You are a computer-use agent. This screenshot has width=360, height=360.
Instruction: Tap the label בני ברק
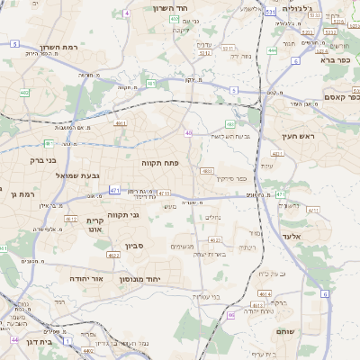pyautogui.click(x=42, y=161)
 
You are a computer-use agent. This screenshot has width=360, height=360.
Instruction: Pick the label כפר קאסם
pyautogui.click(x=340, y=97)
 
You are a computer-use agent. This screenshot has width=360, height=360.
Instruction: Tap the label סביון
pyautogui.click(x=134, y=245)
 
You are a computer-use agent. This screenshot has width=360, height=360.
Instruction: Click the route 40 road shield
pyautogui.click(x=188, y=133)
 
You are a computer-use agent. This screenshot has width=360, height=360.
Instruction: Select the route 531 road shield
pyautogui.click(x=271, y=13)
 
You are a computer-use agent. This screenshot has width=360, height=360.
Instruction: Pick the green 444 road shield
pyautogui.click(x=272, y=50)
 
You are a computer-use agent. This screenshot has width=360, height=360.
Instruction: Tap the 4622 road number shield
pyautogui.click(x=113, y=256)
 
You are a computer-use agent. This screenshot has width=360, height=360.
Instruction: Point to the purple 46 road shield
pyautogui.click(x=230, y=315)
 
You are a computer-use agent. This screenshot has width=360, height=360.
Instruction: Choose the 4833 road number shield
pyautogui.click(x=208, y=170)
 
